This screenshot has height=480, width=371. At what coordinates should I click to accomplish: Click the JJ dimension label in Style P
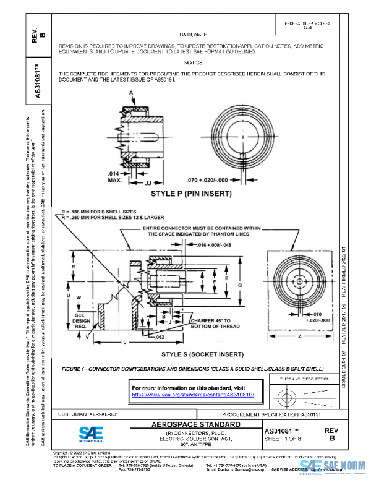point(148,183)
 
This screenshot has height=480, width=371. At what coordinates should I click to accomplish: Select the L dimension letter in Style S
point(126,342)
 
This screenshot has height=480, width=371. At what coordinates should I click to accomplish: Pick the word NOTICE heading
point(193,63)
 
